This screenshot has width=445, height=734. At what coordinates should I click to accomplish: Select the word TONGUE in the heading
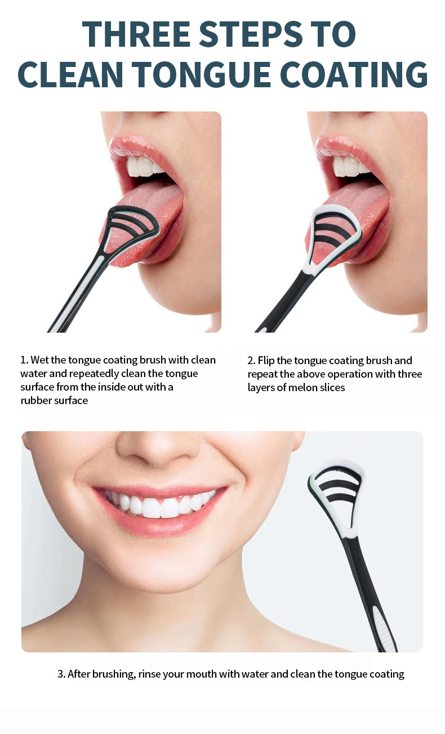(201, 74)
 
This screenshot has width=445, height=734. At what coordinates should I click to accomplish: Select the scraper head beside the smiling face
(336, 501)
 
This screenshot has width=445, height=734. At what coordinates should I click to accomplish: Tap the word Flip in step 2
(266, 361)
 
